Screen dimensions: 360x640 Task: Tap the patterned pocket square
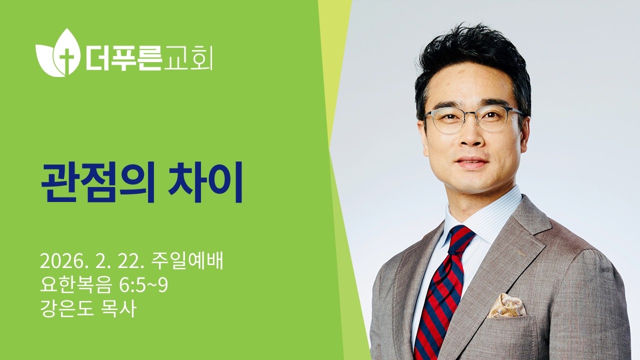(x=506, y=306)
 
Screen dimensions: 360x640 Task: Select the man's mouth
(x=471, y=163)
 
